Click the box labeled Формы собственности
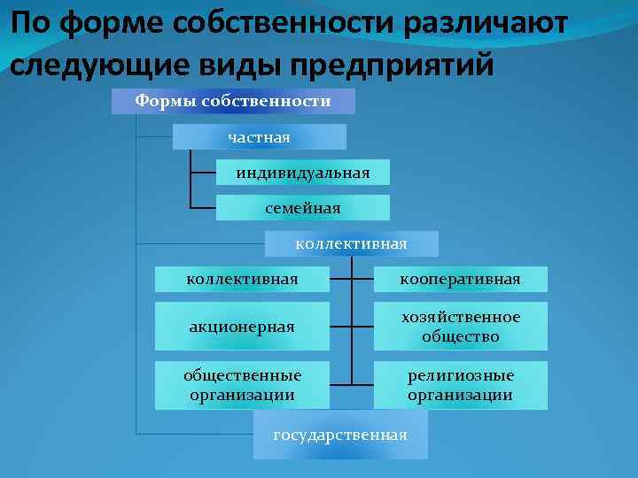click(233, 101)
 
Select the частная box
click(259, 136)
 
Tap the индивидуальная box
click(303, 172)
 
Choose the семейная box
click(303, 208)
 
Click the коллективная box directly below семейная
click(351, 243)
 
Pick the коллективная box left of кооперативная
click(241, 280)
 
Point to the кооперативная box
click(460, 280)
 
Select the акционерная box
click(241, 327)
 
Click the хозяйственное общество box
click(460, 327)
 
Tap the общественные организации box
click(241, 385)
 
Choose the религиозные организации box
click(460, 385)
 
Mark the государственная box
click(340, 435)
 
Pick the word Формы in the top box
click(166, 101)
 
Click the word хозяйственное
click(460, 317)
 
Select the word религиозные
click(460, 375)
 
